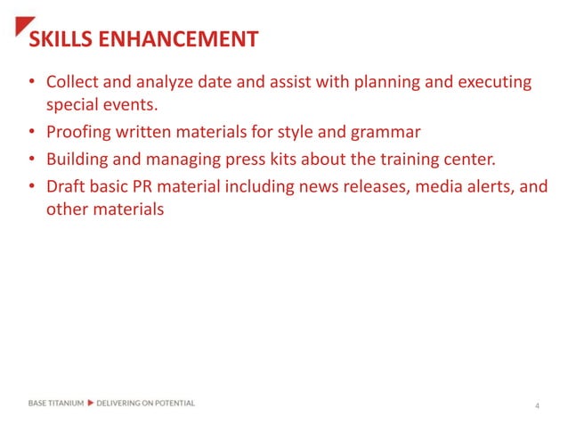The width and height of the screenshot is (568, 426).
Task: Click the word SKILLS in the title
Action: tap(59, 39)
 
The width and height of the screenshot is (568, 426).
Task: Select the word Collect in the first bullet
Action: tap(72, 83)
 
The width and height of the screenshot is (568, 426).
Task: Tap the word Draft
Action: tap(66, 187)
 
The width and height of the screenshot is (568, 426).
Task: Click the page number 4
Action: tap(537, 406)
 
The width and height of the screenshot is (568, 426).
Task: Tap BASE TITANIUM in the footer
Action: tap(56, 403)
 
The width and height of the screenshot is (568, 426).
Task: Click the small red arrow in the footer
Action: tap(90, 403)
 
